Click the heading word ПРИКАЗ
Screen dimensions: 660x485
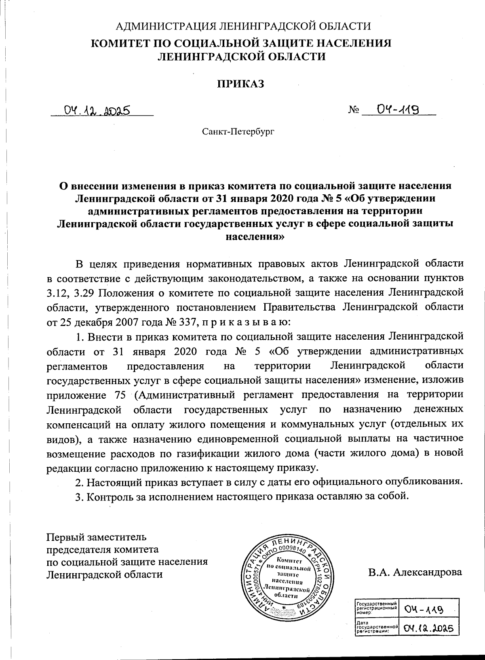[x=242, y=84]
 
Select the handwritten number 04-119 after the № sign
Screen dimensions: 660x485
[x=397, y=109]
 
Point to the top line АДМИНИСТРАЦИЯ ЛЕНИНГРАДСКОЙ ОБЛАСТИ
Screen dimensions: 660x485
[x=243, y=27]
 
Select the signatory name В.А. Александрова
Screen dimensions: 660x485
[x=415, y=572]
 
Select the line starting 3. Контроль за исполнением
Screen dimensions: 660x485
[x=240, y=496]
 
